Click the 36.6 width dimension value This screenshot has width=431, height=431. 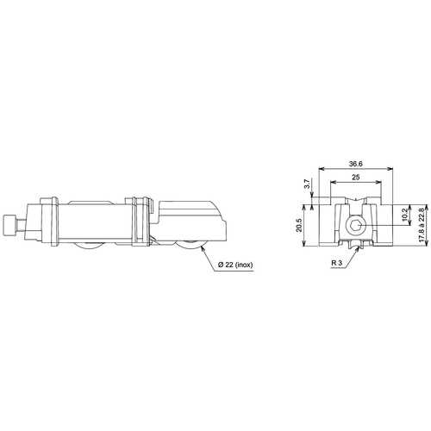pyautogui.click(x=356, y=164)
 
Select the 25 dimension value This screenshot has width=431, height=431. pyautogui.click(x=356, y=178)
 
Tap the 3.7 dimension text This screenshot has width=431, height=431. pyautogui.click(x=307, y=184)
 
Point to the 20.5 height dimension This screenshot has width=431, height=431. pyautogui.click(x=299, y=225)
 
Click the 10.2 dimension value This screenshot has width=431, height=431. pyautogui.click(x=405, y=215)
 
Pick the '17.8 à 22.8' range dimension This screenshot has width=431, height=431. pyautogui.click(x=422, y=225)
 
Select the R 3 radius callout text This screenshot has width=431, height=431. pyautogui.click(x=337, y=263)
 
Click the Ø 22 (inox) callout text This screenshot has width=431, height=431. pyautogui.click(x=235, y=265)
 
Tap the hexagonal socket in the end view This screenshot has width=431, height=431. pyautogui.click(x=356, y=225)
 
